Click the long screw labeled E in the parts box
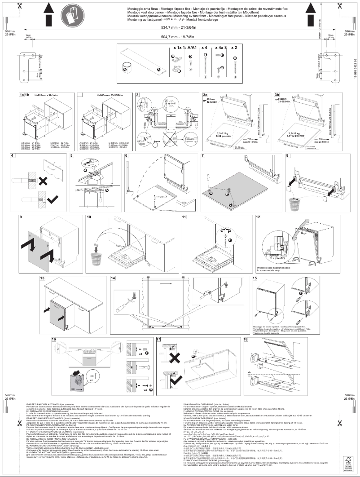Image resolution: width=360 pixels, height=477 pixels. point(205,66)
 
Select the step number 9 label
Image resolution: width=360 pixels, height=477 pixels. point(21,217)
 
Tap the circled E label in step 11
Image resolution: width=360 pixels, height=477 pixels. point(231,240)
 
